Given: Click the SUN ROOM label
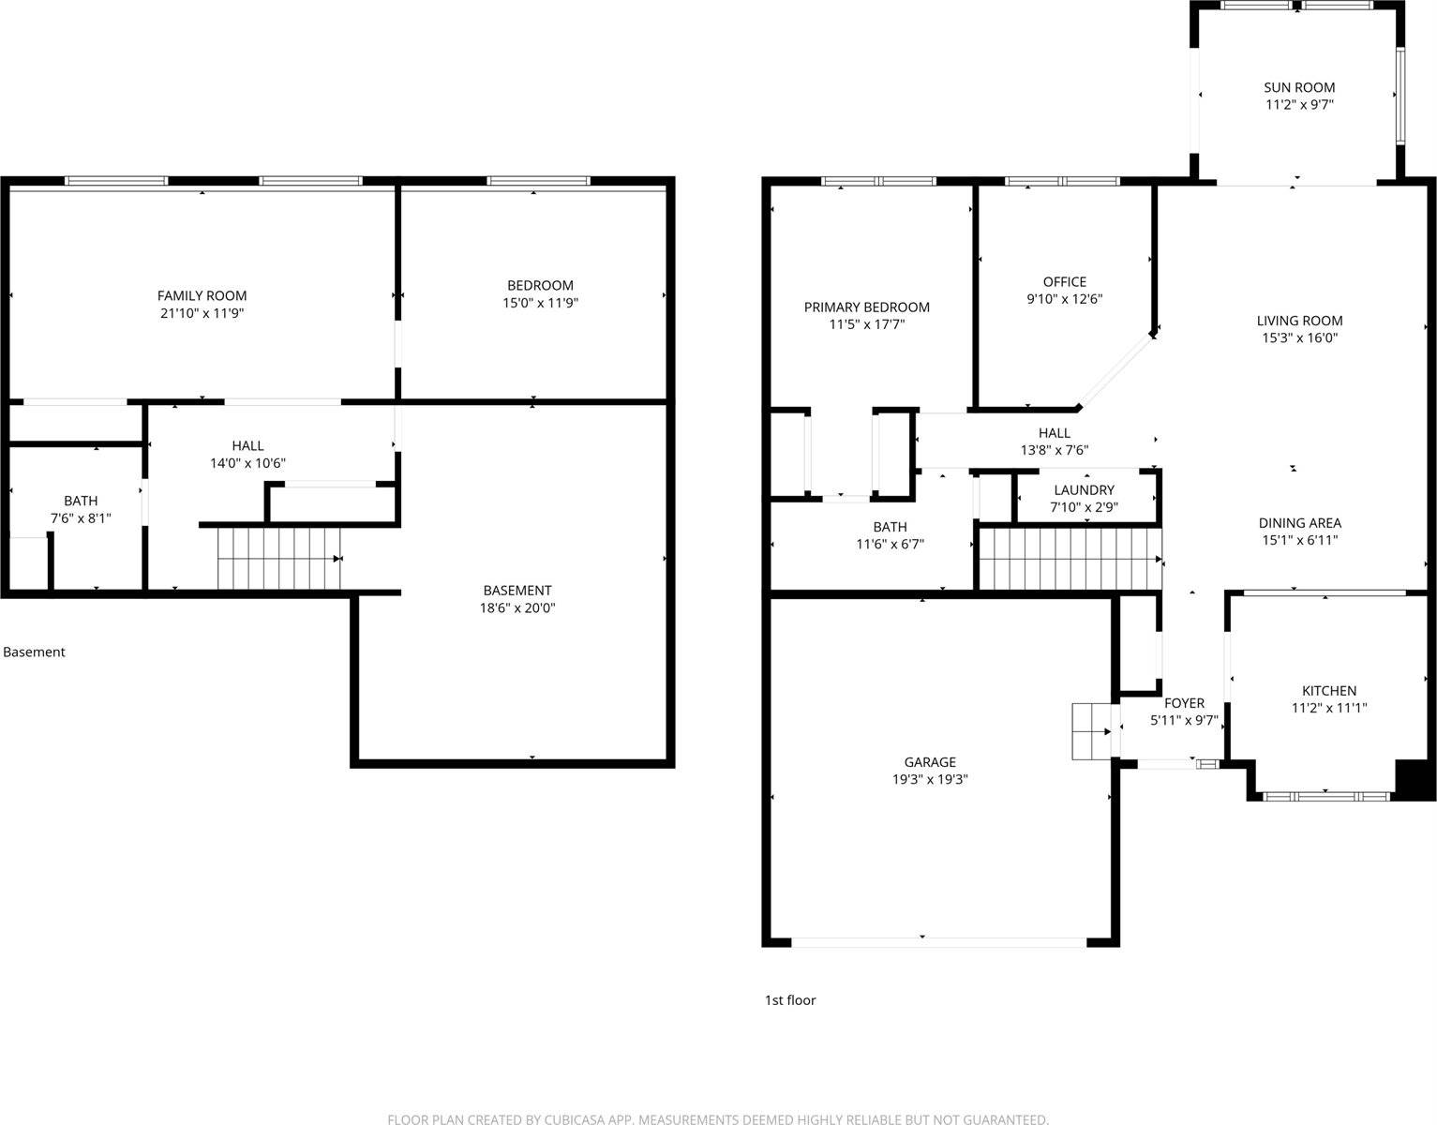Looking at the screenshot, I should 1298,87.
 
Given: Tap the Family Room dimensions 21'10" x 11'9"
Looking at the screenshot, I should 202,313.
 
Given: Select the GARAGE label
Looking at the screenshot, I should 930,762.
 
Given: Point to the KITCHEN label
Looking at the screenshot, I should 1328,690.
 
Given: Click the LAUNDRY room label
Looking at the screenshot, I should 1084,490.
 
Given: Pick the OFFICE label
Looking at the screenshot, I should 1064,281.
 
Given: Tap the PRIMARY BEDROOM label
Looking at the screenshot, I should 866,307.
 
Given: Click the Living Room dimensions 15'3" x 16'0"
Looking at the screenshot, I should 1299,338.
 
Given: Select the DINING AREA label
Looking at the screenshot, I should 1299,523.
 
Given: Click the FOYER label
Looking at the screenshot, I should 1184,703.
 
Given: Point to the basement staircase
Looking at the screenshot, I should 278,559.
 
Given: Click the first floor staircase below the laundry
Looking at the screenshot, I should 1070,559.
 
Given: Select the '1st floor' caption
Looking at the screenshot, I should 790,1000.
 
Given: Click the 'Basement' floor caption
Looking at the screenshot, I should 34,652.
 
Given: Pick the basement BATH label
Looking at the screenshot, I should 81,501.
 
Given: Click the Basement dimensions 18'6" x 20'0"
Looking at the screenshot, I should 516,607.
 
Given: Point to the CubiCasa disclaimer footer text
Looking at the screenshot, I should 718,1118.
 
